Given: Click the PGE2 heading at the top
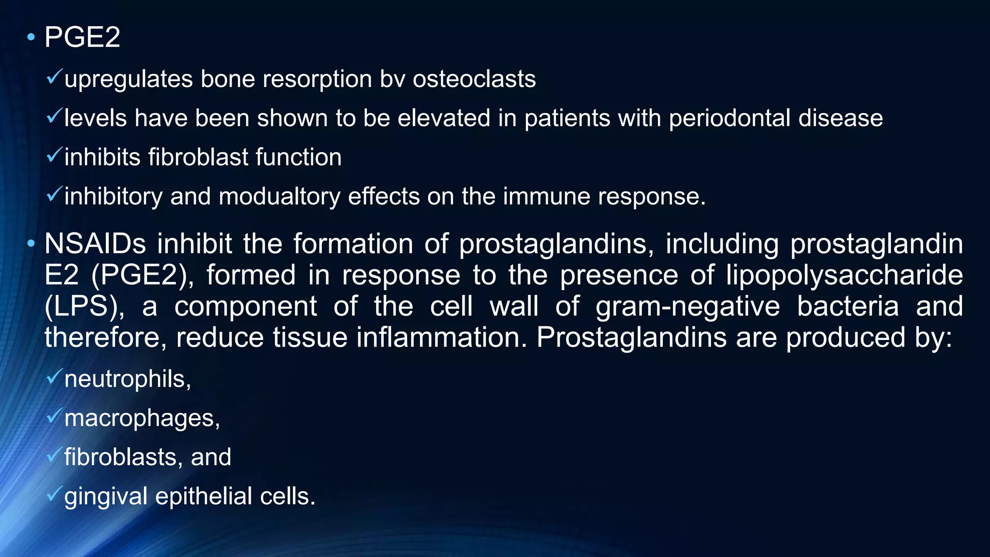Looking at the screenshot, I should [x=82, y=37].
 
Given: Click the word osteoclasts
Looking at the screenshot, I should [x=474, y=79].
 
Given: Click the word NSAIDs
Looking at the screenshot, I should [x=95, y=244].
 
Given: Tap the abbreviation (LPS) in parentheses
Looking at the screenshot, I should [x=84, y=307].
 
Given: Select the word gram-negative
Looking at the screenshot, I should [x=687, y=308].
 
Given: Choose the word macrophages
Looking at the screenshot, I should [x=142, y=418].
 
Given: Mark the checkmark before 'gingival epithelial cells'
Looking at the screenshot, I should [x=54, y=494].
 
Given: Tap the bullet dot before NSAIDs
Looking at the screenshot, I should [x=31, y=244].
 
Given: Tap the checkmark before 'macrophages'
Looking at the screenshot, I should [x=54, y=415].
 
